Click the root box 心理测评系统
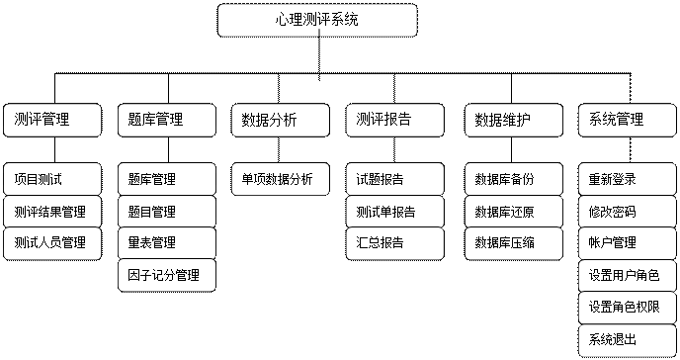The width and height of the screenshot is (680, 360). click(317, 20)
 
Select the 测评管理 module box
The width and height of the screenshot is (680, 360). click(52, 120)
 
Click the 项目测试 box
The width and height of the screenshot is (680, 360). click(52, 180)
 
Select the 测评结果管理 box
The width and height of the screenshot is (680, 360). click(52, 212)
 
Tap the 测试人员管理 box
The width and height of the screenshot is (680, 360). click(52, 243)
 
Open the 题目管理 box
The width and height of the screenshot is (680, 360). click(166, 212)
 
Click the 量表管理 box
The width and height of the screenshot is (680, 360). click(166, 243)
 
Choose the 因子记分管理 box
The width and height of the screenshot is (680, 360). click(166, 275)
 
